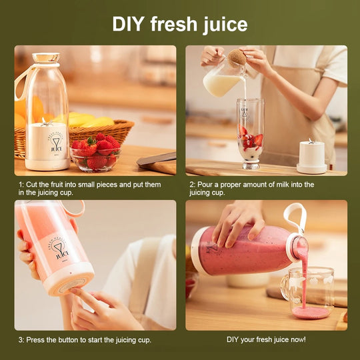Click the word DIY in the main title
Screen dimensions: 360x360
pyautogui.click(x=128, y=24)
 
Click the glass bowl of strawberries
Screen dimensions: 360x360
pyautogui.click(x=96, y=159)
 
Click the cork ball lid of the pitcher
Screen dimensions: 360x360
pyautogui.click(x=237, y=57)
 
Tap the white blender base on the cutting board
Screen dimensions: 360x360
pyautogui.click(x=311, y=157)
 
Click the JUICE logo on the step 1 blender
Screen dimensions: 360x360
pyautogui.click(x=56, y=143)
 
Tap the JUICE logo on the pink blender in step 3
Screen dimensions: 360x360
pyautogui.click(x=59, y=249)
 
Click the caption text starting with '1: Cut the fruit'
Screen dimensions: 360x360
pyautogui.click(x=90, y=189)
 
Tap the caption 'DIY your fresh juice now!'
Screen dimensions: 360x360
pyautogui.click(x=266, y=339)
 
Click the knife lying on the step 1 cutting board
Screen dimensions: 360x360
pyautogui.click(x=157, y=159)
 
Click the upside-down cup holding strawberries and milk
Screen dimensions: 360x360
pyautogui.click(x=250, y=134)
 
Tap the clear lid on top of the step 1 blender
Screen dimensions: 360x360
pyautogui.click(x=46, y=57)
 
